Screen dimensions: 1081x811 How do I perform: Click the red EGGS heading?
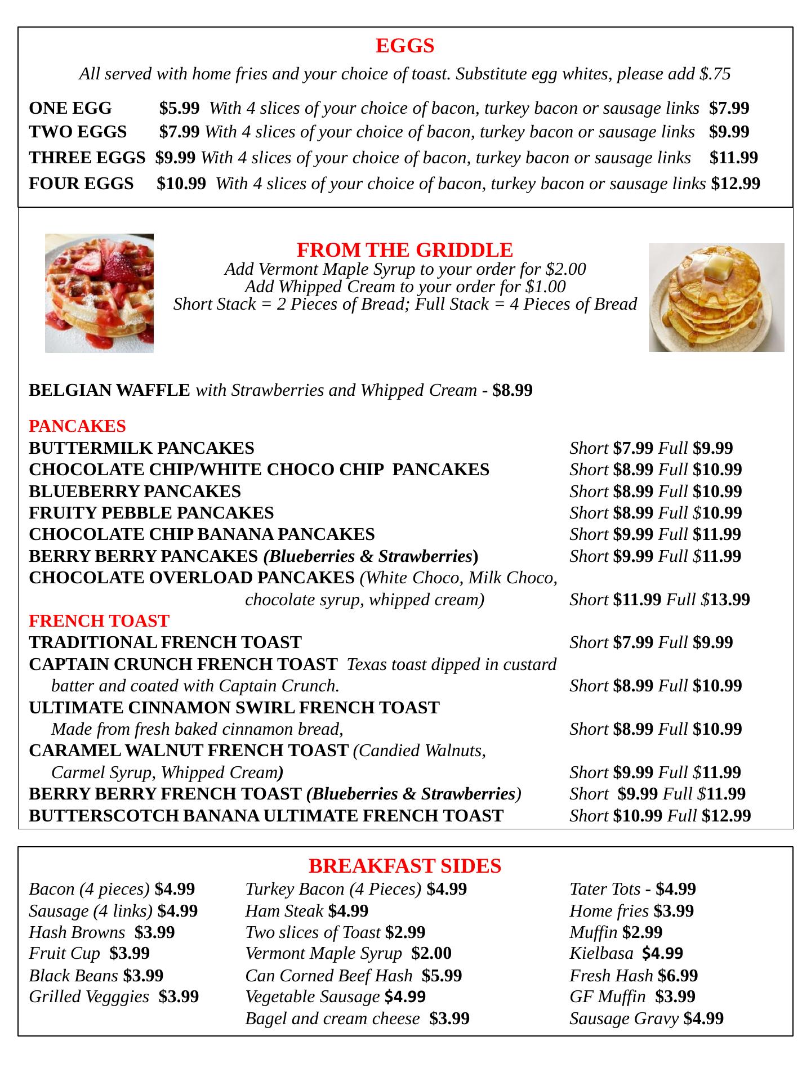click(x=405, y=46)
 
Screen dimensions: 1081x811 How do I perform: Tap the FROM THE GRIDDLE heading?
click(x=404, y=249)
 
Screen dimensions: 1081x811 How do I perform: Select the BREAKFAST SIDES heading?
click(x=405, y=865)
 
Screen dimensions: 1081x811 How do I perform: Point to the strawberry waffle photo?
click(x=99, y=293)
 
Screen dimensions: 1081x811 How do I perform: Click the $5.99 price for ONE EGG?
click(x=179, y=108)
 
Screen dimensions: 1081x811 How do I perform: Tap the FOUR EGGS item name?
click(x=81, y=184)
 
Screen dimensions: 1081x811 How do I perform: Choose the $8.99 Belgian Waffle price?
click(x=512, y=390)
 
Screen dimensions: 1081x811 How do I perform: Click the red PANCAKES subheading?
click(x=77, y=426)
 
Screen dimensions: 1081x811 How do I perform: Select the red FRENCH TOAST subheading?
click(x=99, y=620)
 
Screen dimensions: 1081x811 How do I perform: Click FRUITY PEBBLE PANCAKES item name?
click(x=151, y=513)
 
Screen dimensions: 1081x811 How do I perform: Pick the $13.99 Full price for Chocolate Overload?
click(x=730, y=600)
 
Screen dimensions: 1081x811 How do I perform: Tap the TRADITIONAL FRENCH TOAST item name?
click(x=165, y=642)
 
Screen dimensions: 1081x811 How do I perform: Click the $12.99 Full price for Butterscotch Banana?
click(x=727, y=815)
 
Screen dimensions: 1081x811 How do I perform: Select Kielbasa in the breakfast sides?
click(x=601, y=953)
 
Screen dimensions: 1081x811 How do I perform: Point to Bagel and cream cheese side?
click(x=332, y=1018)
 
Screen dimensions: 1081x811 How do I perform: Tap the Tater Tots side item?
click(x=604, y=889)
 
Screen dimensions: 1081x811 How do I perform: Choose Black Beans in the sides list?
click(x=73, y=975)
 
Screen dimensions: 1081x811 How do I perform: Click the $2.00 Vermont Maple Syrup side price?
click(x=431, y=953)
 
